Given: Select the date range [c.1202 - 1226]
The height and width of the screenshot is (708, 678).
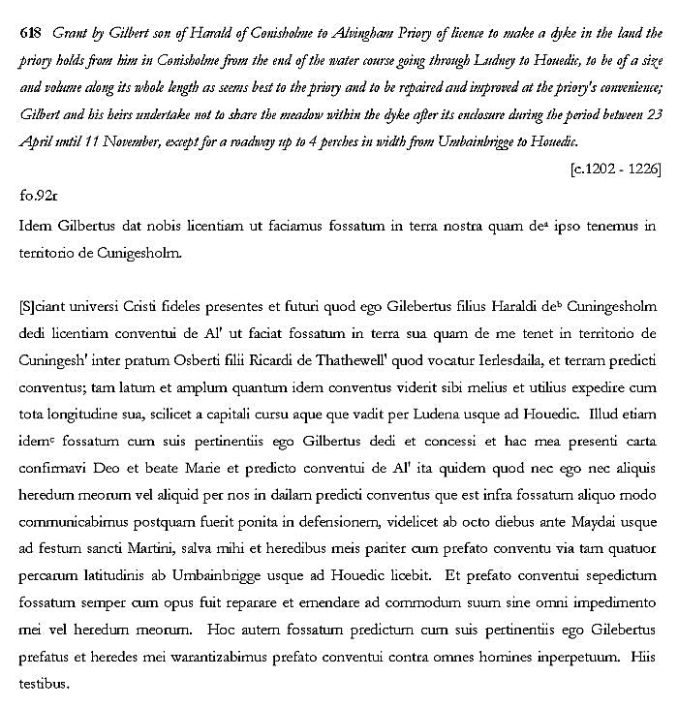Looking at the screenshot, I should coord(615,168).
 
